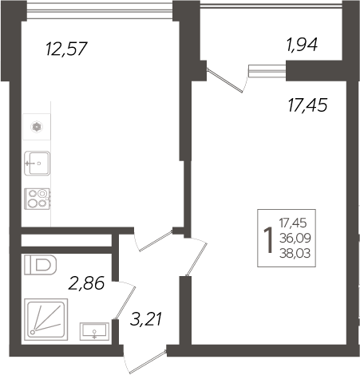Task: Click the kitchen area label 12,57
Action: coord(66,49)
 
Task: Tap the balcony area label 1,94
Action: coord(302,45)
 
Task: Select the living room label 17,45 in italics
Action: coord(307,105)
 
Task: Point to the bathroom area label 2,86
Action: coord(86,283)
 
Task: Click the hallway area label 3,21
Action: coord(146,319)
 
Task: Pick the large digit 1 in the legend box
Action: coord(268,240)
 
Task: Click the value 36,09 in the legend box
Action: coord(295,239)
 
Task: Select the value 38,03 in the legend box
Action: coord(295,254)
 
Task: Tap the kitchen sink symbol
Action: coord(37,164)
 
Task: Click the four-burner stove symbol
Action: coord(38,199)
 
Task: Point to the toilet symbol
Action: coord(41,265)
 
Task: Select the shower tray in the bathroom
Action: coord(45,319)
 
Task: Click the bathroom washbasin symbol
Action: coord(94,331)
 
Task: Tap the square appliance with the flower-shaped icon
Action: coord(37,127)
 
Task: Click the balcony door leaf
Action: coord(225,81)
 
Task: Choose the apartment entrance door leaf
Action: coord(148,362)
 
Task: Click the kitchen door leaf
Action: coord(156,241)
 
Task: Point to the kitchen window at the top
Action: coord(100,11)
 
